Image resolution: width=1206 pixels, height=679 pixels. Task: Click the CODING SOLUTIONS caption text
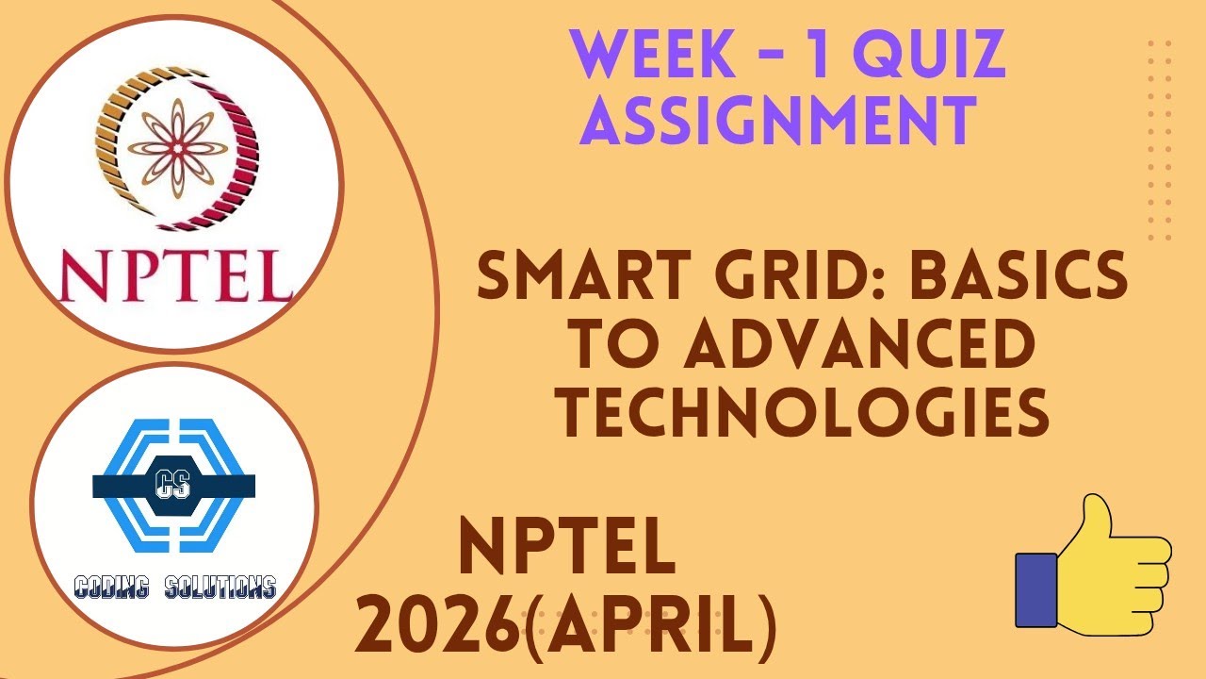point(175,588)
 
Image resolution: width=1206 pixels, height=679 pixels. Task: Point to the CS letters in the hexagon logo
point(173,485)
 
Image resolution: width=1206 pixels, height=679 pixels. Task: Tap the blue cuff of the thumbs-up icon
point(1035,589)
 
